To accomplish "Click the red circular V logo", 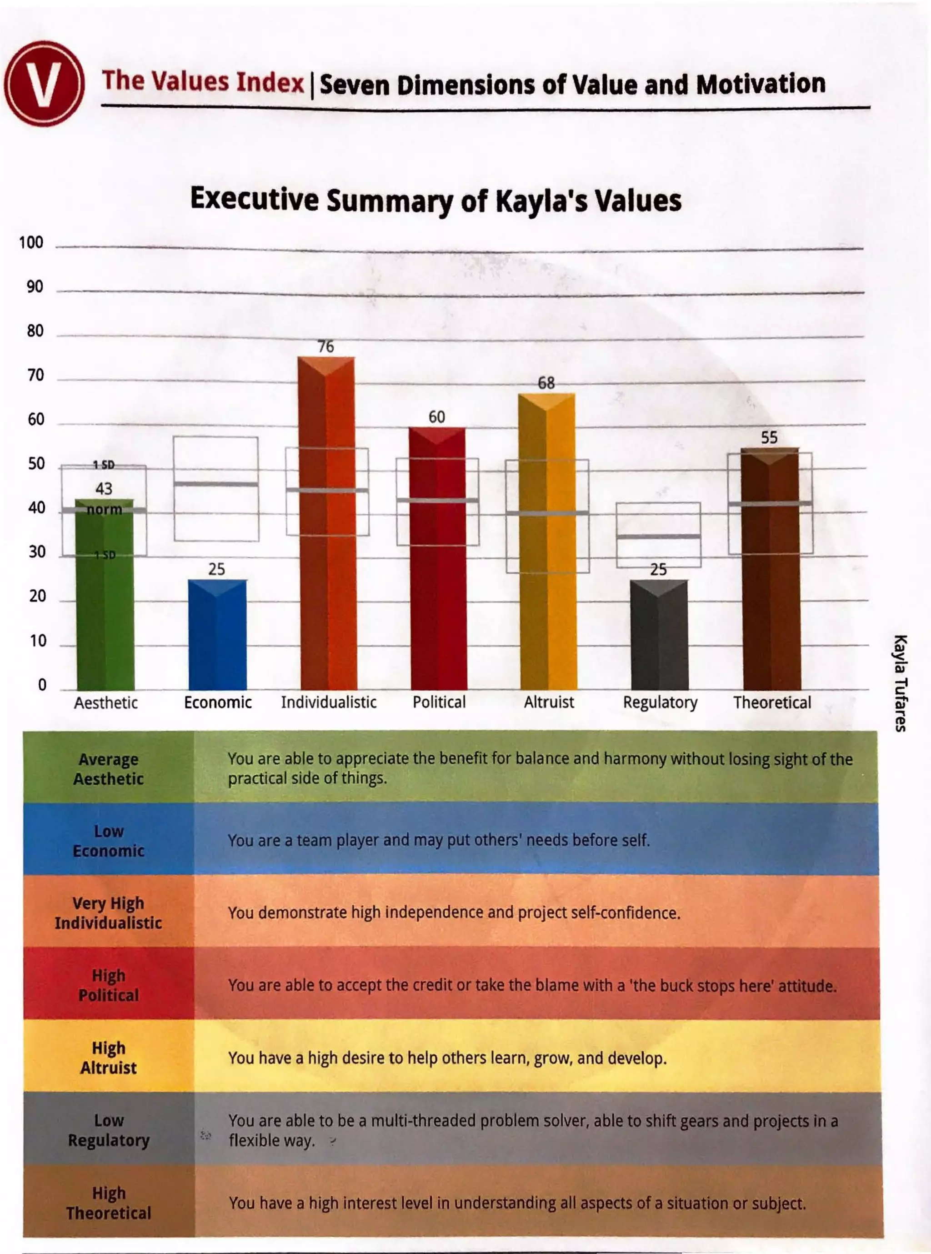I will coord(44,83).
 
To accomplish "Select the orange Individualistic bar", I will coord(327,524).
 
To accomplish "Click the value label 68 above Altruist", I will coord(546,383).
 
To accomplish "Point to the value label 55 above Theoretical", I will coord(769,438).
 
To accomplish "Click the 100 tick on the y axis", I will coord(31,243).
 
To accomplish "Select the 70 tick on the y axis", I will coord(35,376).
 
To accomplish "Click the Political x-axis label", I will coord(439,702).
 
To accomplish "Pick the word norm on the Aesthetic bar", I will coord(104,510).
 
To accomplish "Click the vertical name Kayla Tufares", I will coord(900,683).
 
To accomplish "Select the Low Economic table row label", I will coord(108,841).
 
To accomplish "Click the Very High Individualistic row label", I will coord(108,913).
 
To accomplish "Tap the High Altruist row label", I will coord(108,1058).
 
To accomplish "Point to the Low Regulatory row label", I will coord(108,1130).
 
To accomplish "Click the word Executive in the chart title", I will coord(254,199).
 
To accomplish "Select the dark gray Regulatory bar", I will coord(659,635).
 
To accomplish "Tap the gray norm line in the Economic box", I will coord(216,484).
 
